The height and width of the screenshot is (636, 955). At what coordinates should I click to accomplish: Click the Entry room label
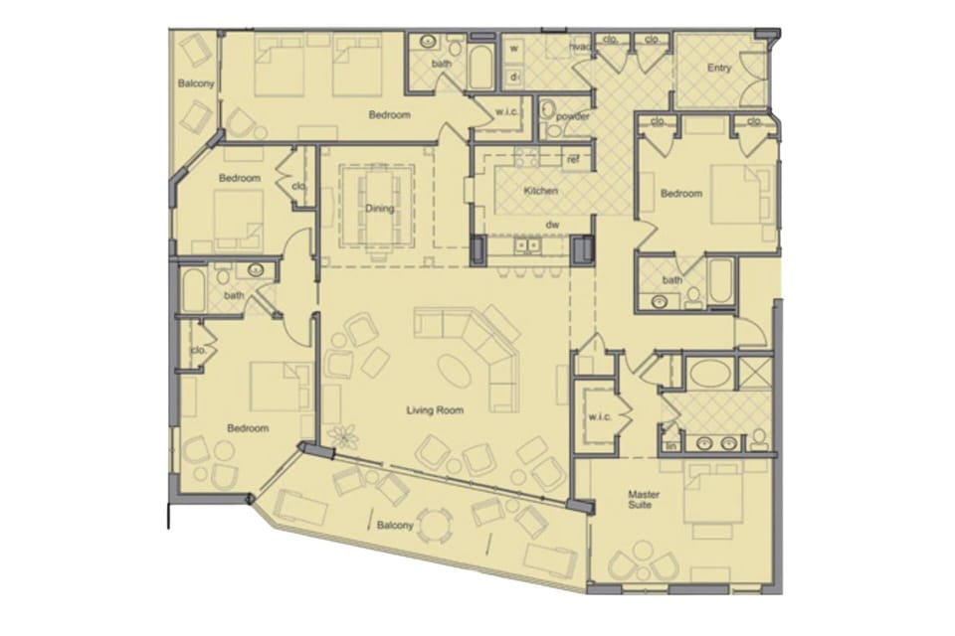719,69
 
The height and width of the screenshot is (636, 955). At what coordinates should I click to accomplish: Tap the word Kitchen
540,191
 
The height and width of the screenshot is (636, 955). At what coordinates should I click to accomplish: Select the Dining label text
379,209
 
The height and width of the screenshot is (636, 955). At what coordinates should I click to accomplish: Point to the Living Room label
430,408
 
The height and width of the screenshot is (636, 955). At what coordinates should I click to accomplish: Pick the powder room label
573,116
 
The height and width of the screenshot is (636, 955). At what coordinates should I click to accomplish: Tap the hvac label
580,45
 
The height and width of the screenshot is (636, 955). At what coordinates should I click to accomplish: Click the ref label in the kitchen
572,159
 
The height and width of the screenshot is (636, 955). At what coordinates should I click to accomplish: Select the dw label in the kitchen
553,226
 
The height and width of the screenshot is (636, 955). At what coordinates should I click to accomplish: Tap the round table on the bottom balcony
434,524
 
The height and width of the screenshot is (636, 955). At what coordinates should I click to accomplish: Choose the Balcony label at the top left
195,83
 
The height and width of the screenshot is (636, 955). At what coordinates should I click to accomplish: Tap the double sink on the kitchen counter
524,244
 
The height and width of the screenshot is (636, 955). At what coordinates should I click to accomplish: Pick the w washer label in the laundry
514,47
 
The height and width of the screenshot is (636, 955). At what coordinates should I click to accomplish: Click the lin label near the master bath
670,447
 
